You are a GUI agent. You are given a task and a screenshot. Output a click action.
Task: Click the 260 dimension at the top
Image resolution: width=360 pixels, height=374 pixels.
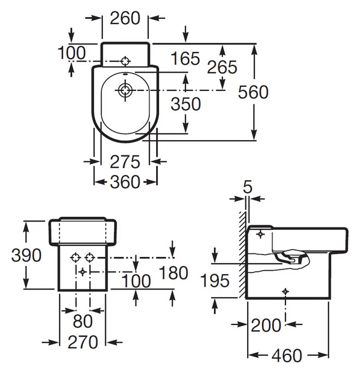pyautogui.click(x=125, y=18)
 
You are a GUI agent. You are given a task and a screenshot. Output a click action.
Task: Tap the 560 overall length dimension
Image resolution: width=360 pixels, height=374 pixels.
pyautogui.click(x=253, y=92)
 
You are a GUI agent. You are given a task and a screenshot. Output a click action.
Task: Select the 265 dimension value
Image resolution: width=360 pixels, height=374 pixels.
pyautogui.click(x=222, y=67)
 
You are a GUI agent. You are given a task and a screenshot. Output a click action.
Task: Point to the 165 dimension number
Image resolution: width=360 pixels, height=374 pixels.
pyautogui.click(x=186, y=58)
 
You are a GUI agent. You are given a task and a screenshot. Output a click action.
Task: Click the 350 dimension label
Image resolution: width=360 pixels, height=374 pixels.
pyautogui.click(x=186, y=104)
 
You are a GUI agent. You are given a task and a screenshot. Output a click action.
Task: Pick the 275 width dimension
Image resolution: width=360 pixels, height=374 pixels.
pyautogui.click(x=125, y=162)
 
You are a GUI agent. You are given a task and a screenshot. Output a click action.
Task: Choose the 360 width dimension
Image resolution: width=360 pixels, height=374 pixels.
pyautogui.click(x=125, y=182)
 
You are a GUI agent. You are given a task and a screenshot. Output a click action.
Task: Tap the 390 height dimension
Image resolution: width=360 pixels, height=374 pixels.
pyautogui.click(x=27, y=255)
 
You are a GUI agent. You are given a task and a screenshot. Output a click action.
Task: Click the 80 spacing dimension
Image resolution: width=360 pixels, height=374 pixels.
pyautogui.click(x=83, y=321)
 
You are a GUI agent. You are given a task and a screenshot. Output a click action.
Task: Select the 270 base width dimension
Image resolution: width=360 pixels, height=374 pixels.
pyautogui.click(x=83, y=342)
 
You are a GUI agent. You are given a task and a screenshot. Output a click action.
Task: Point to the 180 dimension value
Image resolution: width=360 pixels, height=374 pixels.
pyautogui.click(x=173, y=272)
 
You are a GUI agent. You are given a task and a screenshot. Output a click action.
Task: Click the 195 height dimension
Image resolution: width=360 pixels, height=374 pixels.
pyautogui.click(x=215, y=281)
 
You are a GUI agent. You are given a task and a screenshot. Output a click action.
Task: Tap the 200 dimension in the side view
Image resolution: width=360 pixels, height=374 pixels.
pyautogui.click(x=266, y=326)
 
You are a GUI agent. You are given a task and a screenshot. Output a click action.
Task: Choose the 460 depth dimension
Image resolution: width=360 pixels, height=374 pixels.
pyautogui.click(x=287, y=356)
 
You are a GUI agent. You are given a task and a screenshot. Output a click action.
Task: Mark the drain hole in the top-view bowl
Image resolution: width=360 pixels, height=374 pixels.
pyautogui.click(x=125, y=90)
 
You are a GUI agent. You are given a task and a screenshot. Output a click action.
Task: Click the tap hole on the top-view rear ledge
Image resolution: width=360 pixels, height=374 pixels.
pyautogui.click(x=125, y=61)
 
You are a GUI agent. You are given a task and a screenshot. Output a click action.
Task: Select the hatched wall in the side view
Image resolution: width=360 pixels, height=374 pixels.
pyautogui.click(x=242, y=255)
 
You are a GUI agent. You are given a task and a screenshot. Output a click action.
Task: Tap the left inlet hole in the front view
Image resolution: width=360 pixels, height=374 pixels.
pyautogui.click(x=76, y=258)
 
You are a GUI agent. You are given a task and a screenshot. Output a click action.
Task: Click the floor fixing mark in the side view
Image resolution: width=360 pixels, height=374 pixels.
pyautogui.click(x=286, y=291)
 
